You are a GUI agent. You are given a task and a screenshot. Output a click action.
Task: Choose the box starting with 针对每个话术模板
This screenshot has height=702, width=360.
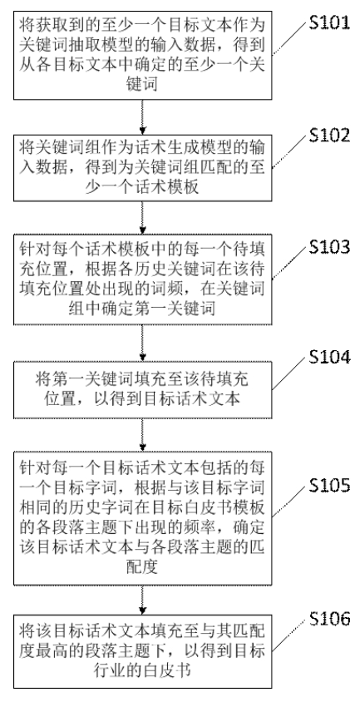[144, 283]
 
